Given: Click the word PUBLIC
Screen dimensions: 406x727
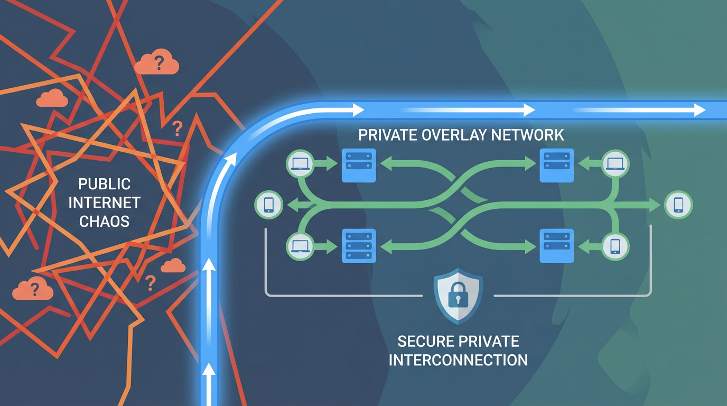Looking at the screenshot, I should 104,184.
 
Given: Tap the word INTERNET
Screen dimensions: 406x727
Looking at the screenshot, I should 104,202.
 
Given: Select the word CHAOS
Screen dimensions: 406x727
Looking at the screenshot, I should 104,221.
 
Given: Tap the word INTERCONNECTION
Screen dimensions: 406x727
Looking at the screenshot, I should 458,360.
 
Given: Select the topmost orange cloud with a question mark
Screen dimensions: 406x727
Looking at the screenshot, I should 156,63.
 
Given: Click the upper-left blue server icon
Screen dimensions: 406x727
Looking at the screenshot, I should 359,165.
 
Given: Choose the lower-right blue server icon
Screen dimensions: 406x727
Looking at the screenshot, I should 556,246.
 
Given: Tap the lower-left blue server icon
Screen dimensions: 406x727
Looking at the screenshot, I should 359,246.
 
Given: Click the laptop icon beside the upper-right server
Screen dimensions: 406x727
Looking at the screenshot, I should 616,163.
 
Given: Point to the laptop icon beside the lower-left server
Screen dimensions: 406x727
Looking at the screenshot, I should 300,246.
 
